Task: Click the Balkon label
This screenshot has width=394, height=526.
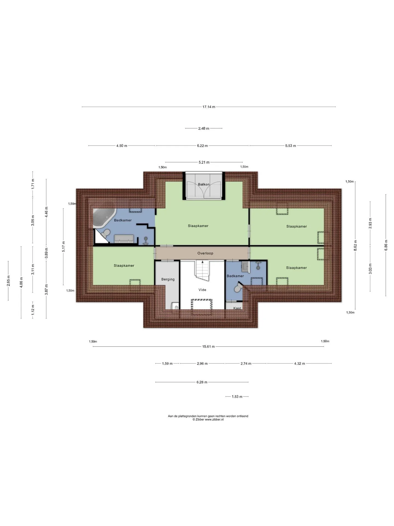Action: point(204,184)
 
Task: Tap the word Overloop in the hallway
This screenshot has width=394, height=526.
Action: point(205,253)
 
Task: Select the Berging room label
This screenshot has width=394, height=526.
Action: point(168,279)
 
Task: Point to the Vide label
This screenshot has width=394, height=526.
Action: point(202,290)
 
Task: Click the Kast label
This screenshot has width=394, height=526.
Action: point(237,308)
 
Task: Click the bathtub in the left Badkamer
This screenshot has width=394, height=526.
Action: point(104,218)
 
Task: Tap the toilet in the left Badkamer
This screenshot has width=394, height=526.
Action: point(105,233)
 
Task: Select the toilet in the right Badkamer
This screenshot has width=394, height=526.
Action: point(238,287)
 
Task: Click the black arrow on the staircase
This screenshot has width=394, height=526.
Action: point(202,262)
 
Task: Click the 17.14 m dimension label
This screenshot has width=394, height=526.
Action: point(209,107)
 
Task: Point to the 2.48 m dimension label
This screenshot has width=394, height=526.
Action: point(204,128)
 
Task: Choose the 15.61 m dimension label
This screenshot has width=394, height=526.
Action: point(208,347)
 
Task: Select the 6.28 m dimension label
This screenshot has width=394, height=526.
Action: point(202,382)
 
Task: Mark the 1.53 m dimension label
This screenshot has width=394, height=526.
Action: point(237,397)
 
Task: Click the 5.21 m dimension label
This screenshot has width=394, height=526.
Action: point(204,162)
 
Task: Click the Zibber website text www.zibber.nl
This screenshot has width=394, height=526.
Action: point(214,419)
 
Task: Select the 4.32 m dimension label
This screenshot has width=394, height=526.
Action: point(299,364)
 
